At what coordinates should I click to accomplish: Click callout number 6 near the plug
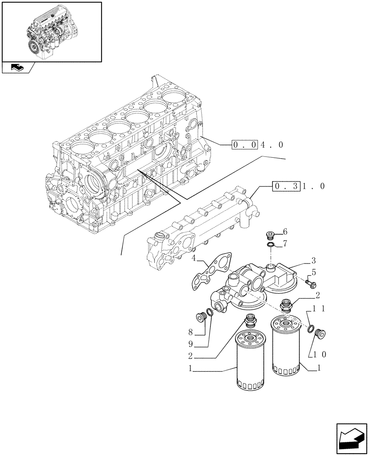[285, 232]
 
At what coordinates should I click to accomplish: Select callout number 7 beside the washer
[285, 244]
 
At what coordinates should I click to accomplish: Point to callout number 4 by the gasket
[194, 259]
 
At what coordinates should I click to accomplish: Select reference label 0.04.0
[258, 145]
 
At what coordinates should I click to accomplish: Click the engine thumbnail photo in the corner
[51, 31]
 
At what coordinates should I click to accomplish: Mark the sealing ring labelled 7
[271, 246]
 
